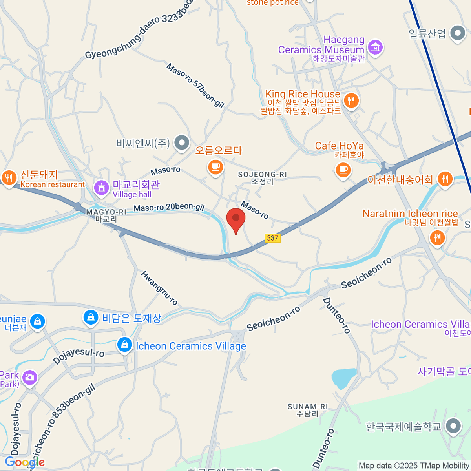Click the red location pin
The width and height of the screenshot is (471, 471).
[x=236, y=219]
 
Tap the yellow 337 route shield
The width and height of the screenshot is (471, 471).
[x=272, y=238]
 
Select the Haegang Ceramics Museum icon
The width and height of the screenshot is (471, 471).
[x=376, y=47]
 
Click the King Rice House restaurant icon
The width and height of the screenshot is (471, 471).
[x=351, y=100]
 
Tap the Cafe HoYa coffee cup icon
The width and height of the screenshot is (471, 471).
[x=343, y=170]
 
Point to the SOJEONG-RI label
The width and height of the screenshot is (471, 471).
[x=262, y=174]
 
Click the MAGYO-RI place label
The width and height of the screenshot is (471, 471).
[x=106, y=212]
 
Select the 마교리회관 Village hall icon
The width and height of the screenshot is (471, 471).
[x=102, y=187]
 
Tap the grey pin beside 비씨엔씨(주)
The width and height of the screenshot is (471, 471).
[x=182, y=143]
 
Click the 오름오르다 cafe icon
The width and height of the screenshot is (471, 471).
[x=215, y=167]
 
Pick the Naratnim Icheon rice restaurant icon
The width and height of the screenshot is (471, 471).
[x=436, y=237]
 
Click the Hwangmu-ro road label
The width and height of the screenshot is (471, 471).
[x=159, y=288]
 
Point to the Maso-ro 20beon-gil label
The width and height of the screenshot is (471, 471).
[x=169, y=208]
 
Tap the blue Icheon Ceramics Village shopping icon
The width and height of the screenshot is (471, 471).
[x=124, y=345]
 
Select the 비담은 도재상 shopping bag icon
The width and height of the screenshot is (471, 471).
[x=91, y=317]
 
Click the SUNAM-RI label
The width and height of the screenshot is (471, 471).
[x=307, y=407]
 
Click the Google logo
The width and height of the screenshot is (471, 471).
[x=25, y=462]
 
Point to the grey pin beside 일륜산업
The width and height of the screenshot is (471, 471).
[x=457, y=34]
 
